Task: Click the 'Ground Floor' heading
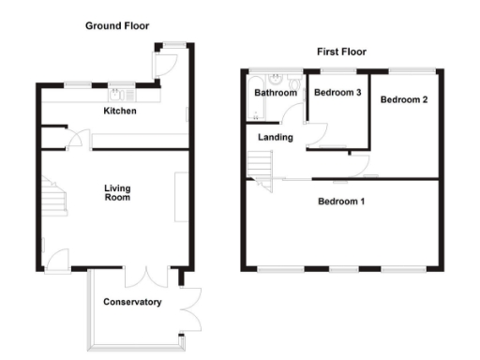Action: (117, 26)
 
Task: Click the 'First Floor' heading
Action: (342, 52)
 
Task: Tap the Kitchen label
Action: (120, 112)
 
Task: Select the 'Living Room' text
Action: (117, 193)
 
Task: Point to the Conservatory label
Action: (132, 302)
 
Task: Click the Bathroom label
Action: (276, 93)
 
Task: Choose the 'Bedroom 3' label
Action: (337, 92)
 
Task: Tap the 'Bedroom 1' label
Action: (341, 202)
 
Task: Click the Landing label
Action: (276, 138)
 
